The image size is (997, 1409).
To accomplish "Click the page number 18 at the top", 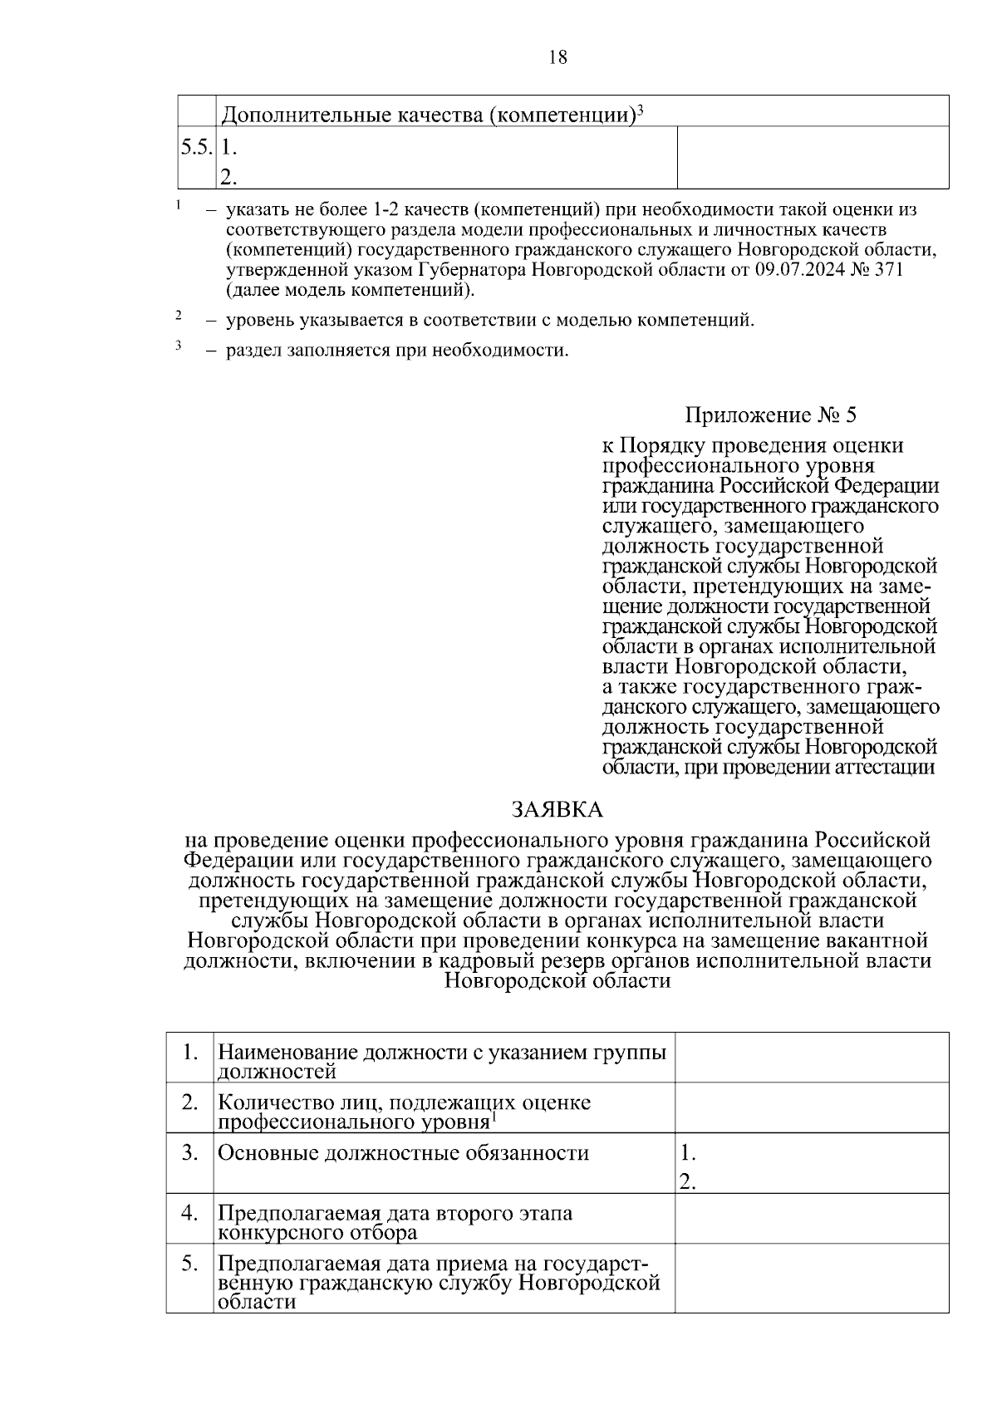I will [557, 57].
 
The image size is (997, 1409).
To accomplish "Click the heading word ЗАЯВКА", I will [557, 809].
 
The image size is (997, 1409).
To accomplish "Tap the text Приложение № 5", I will [769, 414].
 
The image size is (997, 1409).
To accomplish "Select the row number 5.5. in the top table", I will [197, 147].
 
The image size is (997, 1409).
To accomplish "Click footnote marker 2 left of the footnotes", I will [178, 316].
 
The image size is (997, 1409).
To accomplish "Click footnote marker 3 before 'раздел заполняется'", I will [178, 346].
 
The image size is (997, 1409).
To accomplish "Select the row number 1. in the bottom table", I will [190, 1052].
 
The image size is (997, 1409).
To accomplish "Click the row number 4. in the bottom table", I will [190, 1213].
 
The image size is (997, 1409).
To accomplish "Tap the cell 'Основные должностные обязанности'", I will [403, 1153].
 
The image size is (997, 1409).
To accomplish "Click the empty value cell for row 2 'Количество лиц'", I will [811, 1107].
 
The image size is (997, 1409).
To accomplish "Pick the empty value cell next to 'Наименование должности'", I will [811, 1057].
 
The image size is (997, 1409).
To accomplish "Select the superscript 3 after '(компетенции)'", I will [641, 109].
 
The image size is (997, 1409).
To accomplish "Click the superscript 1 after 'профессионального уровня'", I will [493, 1118].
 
